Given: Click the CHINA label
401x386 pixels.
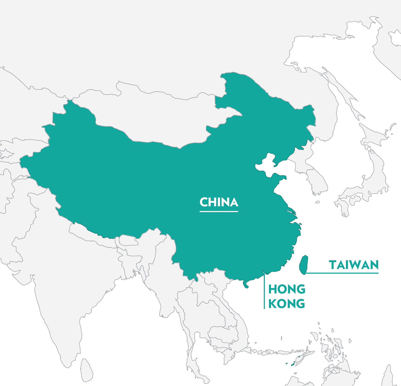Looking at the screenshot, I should pos(219,202).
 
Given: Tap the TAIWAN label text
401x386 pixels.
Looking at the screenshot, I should pos(353,265).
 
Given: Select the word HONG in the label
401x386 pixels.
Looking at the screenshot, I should pos(287,289).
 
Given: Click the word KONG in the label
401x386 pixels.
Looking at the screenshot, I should pos(287,304).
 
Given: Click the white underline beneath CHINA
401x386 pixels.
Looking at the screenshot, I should pos(219,212).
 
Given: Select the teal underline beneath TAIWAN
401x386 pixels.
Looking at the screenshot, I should pos(342,273).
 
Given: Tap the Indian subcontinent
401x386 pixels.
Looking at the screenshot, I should pos(63,289).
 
